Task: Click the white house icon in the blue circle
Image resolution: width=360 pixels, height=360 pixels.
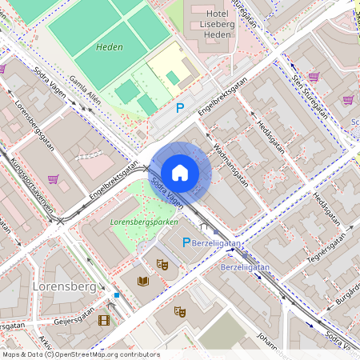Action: [180, 172]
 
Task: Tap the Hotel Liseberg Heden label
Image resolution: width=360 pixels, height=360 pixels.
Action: [214, 25]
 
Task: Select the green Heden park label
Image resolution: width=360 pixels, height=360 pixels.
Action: [110, 47]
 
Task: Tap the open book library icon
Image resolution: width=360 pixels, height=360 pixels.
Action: [143, 281]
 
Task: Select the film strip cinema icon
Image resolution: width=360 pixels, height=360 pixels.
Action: [102, 320]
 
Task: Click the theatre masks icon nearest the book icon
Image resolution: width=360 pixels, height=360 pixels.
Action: [162, 263]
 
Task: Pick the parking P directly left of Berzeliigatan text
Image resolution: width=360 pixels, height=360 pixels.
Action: [187, 242]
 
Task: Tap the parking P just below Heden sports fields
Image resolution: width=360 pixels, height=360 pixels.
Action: [180, 107]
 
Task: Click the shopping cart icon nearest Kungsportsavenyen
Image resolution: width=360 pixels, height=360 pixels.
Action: [53, 179]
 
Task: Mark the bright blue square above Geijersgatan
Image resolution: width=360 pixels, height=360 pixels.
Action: [117, 294]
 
